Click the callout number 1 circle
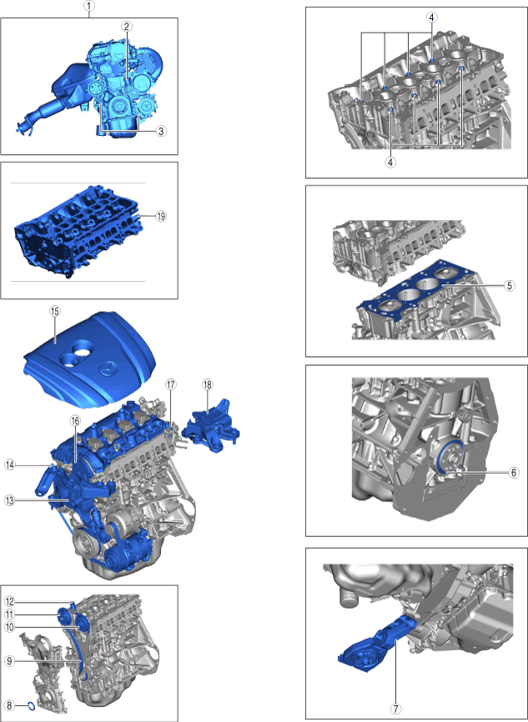click(89, 6)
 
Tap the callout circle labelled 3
click(160, 131)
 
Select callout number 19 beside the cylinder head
click(161, 216)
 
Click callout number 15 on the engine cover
click(54, 312)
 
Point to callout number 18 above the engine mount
click(208, 384)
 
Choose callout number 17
click(171, 384)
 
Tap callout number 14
click(10, 465)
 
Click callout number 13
click(10, 500)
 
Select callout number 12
click(10, 602)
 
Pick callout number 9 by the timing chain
click(10, 661)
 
